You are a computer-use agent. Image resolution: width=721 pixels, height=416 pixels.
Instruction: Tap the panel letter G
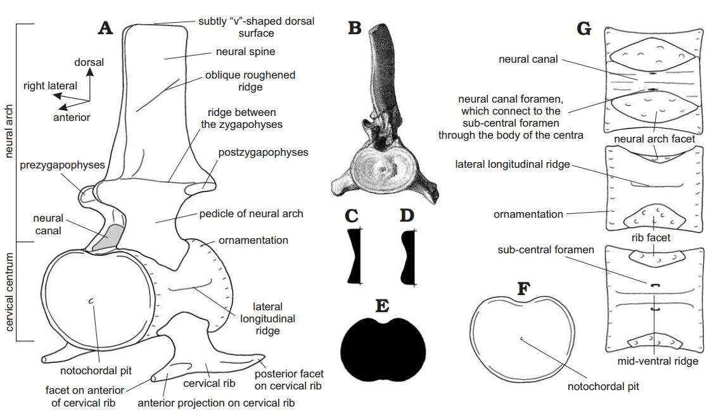click(x=584, y=29)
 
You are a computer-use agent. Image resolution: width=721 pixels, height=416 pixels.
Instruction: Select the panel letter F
click(x=523, y=289)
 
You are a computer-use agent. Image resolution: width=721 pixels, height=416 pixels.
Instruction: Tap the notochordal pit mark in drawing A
click(x=92, y=301)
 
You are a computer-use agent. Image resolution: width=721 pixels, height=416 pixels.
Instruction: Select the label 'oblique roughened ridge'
click(x=250, y=80)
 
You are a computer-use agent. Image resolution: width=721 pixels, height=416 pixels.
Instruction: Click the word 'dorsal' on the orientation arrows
click(x=89, y=62)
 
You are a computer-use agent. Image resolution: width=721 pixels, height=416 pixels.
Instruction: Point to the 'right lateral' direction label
click(x=50, y=85)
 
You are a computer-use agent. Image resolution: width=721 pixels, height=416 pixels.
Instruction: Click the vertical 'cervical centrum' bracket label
click(x=9, y=291)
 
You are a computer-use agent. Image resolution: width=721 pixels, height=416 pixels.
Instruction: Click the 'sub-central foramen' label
click(x=546, y=249)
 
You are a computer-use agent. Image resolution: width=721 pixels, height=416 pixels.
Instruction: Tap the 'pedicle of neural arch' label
click(x=251, y=213)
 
